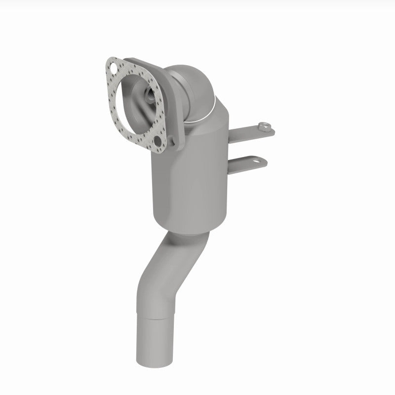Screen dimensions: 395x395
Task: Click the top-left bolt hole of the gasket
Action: click(x=114, y=66)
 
